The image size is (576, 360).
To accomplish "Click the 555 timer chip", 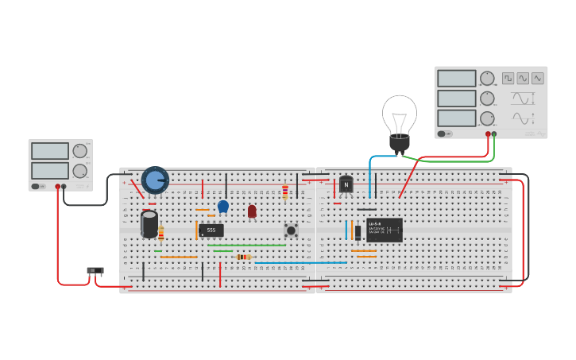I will tap(211, 230).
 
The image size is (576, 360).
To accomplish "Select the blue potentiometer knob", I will tap(155, 180).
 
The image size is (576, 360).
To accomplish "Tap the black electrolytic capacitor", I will tap(149, 223).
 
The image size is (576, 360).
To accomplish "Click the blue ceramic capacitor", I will tap(223, 207).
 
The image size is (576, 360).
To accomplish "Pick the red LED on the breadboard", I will tap(252, 211).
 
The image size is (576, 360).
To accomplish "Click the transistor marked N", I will tap(346, 184).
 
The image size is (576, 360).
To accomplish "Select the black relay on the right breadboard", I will tap(385, 230).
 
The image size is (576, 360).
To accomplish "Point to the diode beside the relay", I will tap(358, 232).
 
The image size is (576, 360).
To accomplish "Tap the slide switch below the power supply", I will tap(95, 271).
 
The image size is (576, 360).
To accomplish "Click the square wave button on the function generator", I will tap(508, 78).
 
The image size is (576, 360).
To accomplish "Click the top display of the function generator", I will tap(456, 79).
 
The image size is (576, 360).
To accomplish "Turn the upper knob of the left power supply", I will tap(80, 151).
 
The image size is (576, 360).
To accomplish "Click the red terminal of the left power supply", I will tap(57, 187).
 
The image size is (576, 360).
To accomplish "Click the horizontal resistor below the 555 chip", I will tap(244, 257).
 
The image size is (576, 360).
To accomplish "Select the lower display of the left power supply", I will tap(49, 171).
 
